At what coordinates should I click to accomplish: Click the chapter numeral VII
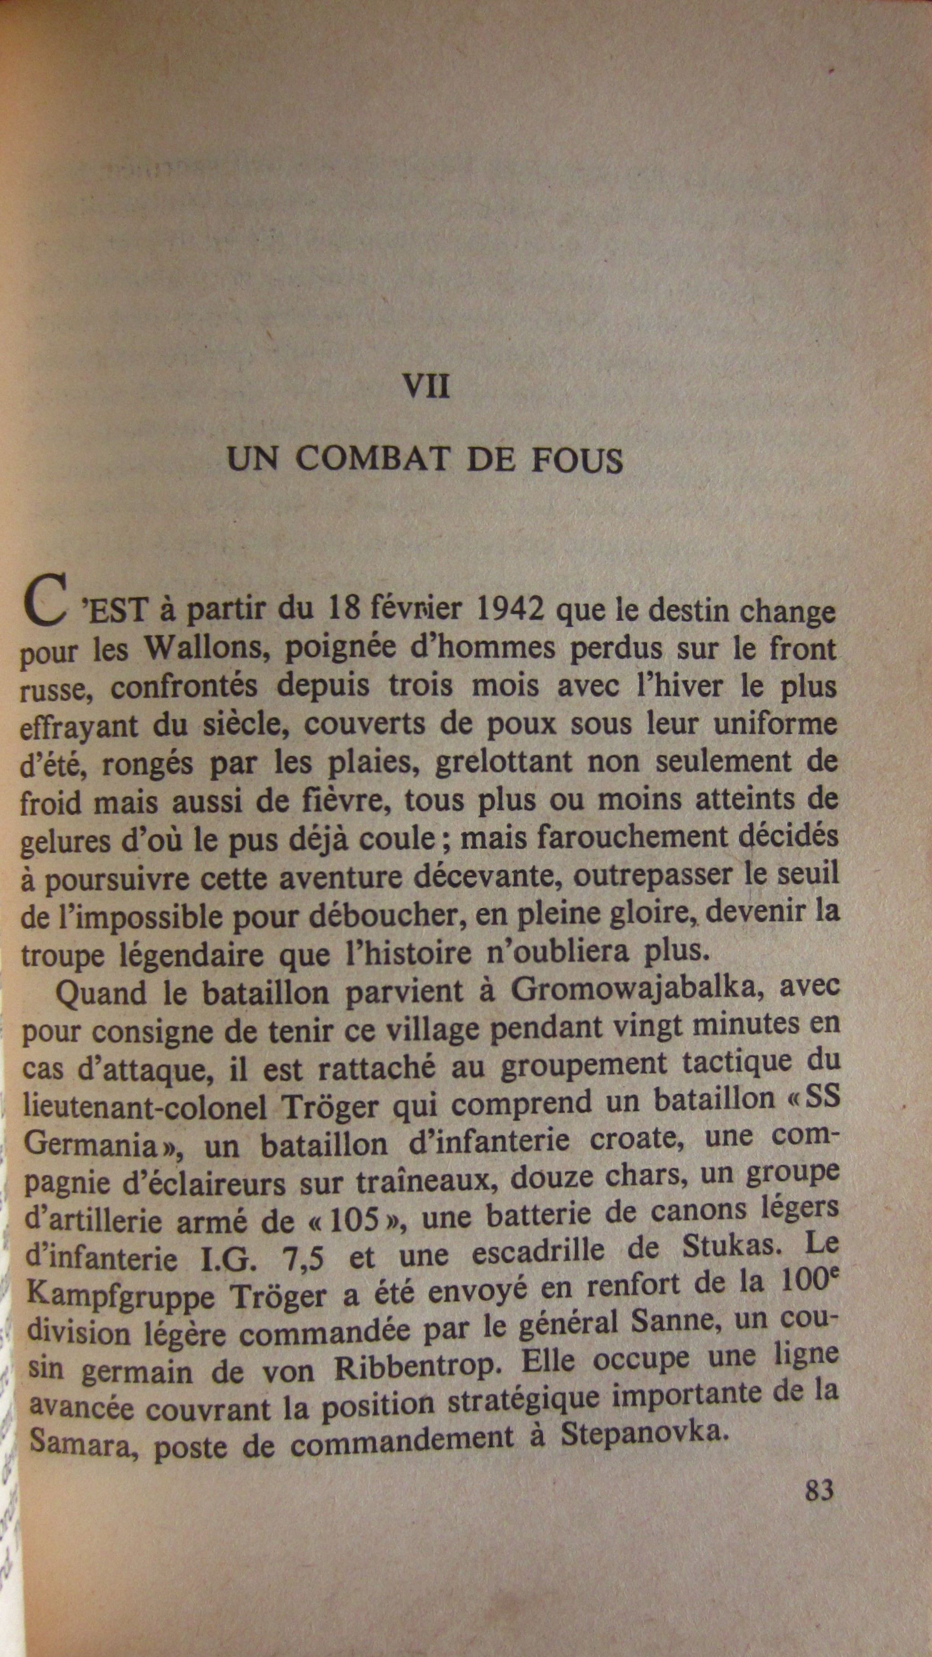pyautogui.click(x=426, y=387)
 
